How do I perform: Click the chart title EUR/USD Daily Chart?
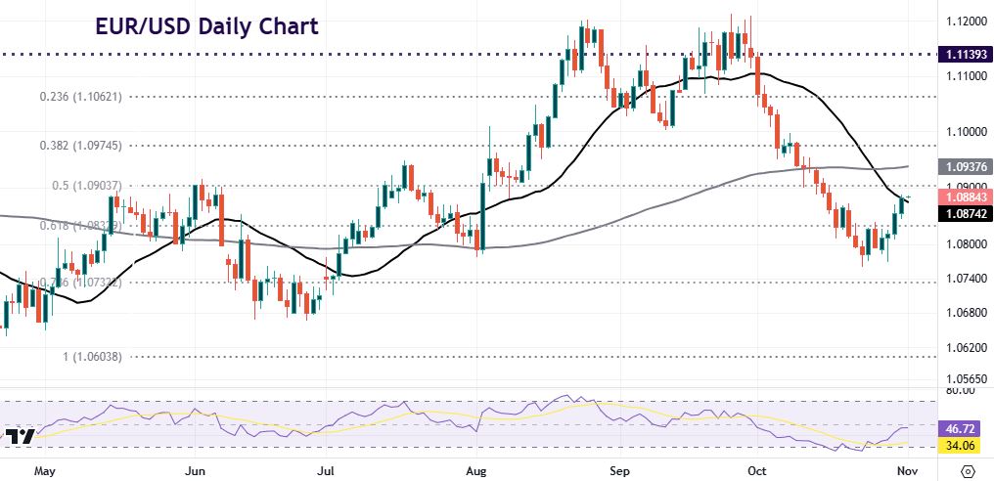206,26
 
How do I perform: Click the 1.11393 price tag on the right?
962,55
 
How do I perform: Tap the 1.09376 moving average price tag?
962,166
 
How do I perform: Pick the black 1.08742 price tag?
962,213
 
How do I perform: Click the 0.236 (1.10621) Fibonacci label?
80,97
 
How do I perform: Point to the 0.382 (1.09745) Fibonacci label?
80,145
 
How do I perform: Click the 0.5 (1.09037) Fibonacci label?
86,185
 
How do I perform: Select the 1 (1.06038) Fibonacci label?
92,357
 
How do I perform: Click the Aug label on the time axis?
475,470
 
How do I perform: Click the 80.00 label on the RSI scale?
960,390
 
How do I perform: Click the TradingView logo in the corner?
20,436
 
